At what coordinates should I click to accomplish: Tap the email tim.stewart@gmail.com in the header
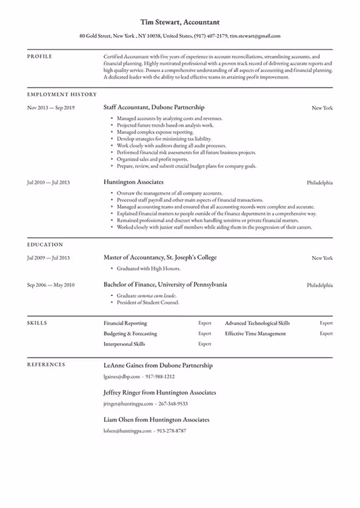click(255, 36)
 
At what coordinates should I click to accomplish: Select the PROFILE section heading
click(40, 57)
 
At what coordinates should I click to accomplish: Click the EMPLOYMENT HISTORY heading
click(61, 95)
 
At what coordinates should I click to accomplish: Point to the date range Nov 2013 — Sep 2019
click(51, 107)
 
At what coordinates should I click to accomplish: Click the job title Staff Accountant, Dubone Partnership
click(154, 107)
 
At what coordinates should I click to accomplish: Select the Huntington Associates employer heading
click(133, 181)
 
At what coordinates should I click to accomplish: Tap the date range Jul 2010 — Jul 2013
click(48, 182)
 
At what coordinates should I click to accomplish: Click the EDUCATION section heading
click(45, 245)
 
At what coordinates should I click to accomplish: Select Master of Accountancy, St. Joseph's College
click(160, 257)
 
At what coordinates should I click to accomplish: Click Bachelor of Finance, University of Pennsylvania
click(165, 284)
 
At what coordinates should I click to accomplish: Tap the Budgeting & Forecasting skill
click(130, 333)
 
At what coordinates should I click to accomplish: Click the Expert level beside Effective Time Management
click(326, 333)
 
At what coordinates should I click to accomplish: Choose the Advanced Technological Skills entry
click(257, 323)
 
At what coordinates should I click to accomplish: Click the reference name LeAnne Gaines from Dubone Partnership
click(158, 365)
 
